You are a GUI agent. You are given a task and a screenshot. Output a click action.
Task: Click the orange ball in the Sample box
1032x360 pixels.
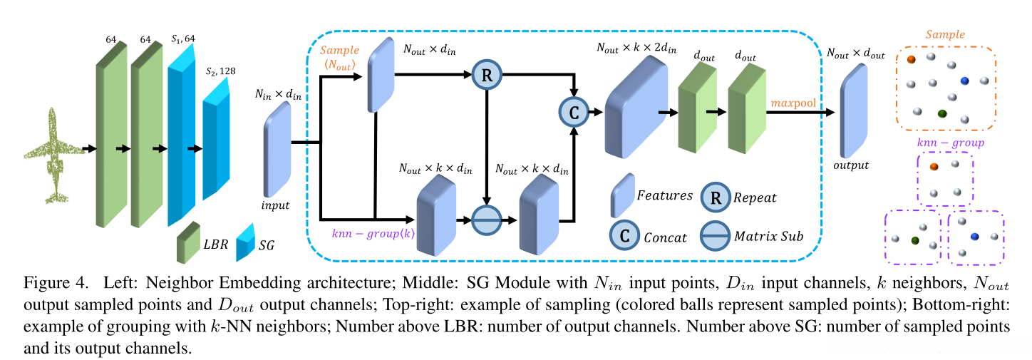tap(911, 59)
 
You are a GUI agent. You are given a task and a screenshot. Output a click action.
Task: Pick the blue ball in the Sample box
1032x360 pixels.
tap(964, 81)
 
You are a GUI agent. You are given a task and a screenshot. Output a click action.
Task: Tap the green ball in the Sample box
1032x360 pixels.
tap(942, 114)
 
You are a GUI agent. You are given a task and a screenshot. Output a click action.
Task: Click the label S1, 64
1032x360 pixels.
tap(182, 38)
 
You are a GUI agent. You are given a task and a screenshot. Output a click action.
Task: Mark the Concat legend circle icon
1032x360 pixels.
tap(624, 236)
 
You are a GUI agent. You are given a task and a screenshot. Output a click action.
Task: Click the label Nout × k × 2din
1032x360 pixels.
tap(637, 48)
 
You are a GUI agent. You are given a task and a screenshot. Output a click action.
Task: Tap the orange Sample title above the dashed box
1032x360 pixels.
tap(945, 34)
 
